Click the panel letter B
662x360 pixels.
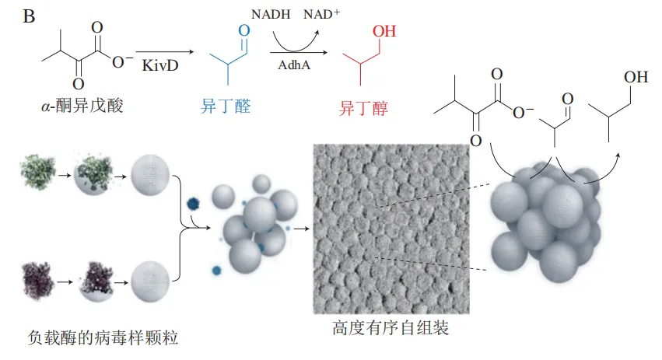tap(29, 16)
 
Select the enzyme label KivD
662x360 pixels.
tap(160, 65)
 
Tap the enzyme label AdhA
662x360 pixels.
tap(294, 65)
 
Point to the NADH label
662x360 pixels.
tap(271, 14)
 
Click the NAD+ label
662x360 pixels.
tap(321, 14)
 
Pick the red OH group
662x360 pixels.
tap(384, 31)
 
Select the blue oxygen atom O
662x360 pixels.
tap(244, 30)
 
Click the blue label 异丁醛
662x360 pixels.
tap(226, 106)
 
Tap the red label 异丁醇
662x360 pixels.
tap(363, 108)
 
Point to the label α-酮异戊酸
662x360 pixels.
tap(82, 106)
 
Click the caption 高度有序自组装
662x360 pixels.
tap(391, 327)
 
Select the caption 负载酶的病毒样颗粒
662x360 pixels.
tap(103, 337)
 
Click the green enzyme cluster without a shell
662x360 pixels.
tap(38, 172)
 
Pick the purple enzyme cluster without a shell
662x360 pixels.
tap(38, 281)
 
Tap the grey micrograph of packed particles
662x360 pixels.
tap(391, 229)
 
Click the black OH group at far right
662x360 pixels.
tap(636, 77)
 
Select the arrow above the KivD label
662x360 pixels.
tap(165, 52)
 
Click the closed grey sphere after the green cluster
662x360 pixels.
tap(150, 175)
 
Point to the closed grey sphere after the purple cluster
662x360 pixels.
tap(150, 281)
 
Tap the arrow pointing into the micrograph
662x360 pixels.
tap(302, 229)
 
